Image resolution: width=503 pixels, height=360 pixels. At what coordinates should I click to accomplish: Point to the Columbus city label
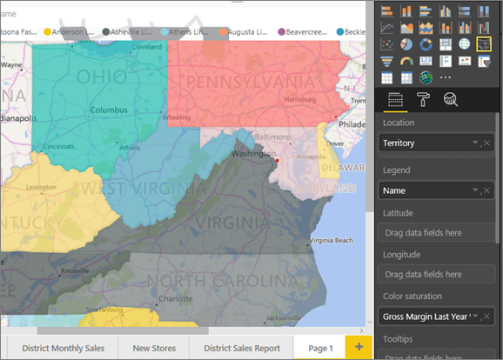(x=108, y=110)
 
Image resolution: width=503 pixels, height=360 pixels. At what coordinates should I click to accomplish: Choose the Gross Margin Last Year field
(x=426, y=317)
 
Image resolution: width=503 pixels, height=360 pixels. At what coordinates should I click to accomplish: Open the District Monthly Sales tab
(x=63, y=348)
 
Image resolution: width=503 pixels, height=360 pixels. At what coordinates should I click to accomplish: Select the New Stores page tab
(x=154, y=348)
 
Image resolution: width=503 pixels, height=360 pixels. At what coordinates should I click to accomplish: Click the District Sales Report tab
(x=242, y=348)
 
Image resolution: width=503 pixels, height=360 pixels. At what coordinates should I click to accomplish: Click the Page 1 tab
(x=319, y=348)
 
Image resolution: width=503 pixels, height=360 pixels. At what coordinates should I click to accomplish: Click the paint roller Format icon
(x=424, y=100)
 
